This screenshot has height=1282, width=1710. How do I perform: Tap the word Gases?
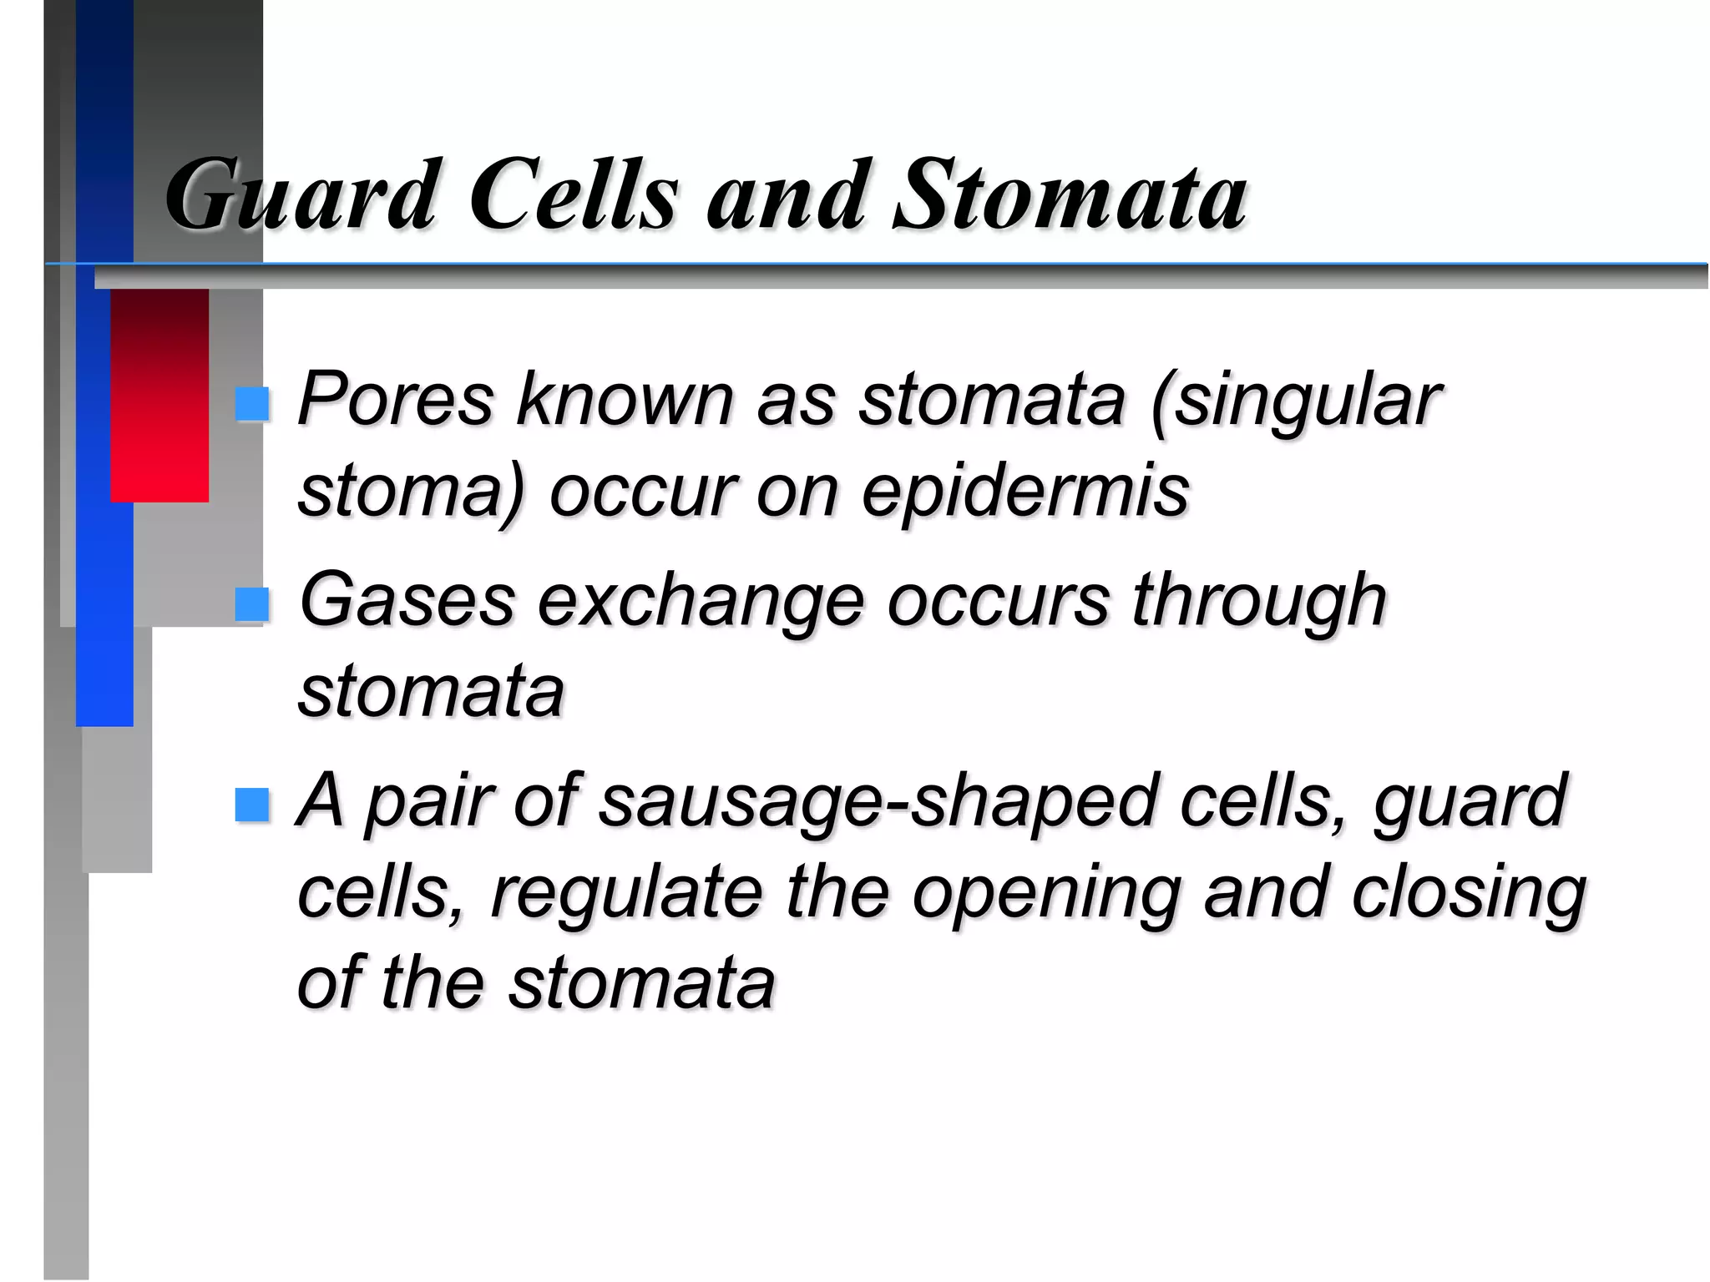tap(407, 599)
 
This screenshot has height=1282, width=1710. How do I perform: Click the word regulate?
tap(626, 893)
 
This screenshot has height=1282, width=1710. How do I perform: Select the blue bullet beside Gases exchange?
tap(251, 603)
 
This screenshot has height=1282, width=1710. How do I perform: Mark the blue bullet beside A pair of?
tap(251, 805)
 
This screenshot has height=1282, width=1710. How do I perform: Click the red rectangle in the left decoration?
tap(159, 395)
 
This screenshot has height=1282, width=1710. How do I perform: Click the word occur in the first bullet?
tap(641, 492)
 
